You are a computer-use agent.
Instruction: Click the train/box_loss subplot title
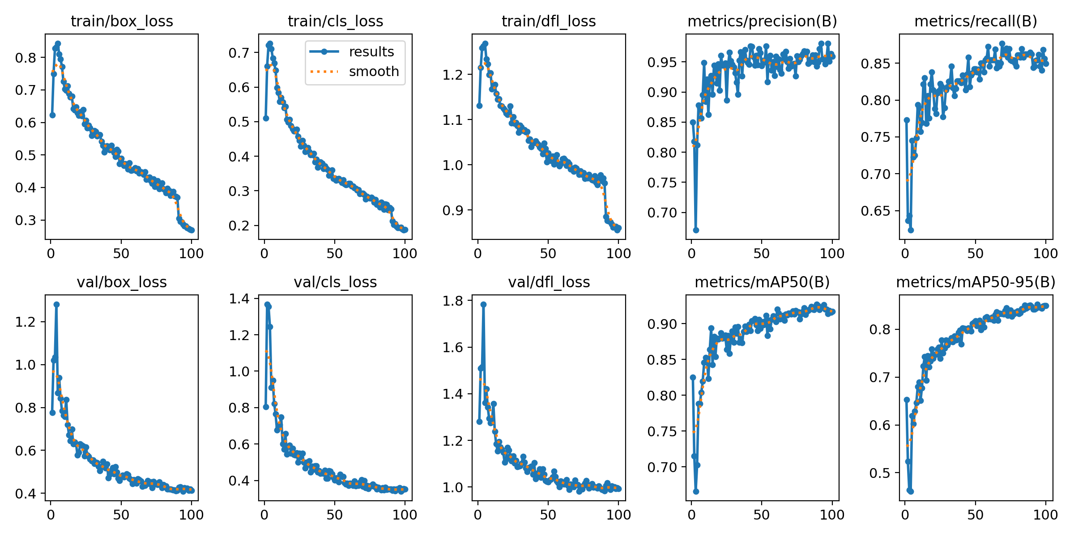[x=122, y=21]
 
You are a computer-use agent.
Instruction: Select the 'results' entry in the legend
[x=371, y=51]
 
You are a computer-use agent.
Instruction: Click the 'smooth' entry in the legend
[x=374, y=71]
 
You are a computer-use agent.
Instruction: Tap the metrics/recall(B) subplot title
[x=976, y=21]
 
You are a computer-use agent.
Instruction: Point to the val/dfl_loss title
[x=549, y=282]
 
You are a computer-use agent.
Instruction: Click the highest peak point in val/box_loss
[x=56, y=304]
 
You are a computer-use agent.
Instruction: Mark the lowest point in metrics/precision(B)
[x=696, y=230]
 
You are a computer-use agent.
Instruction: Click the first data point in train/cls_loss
[x=266, y=118]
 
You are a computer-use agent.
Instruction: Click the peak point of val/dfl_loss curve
[x=483, y=304]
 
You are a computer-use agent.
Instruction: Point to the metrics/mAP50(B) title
[x=762, y=282]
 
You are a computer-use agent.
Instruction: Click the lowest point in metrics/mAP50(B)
[x=696, y=491]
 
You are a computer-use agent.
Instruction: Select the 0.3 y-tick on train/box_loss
[x=26, y=220]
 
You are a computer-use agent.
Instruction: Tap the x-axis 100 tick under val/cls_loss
[x=405, y=515]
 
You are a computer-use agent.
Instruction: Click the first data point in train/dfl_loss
[x=479, y=106]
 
